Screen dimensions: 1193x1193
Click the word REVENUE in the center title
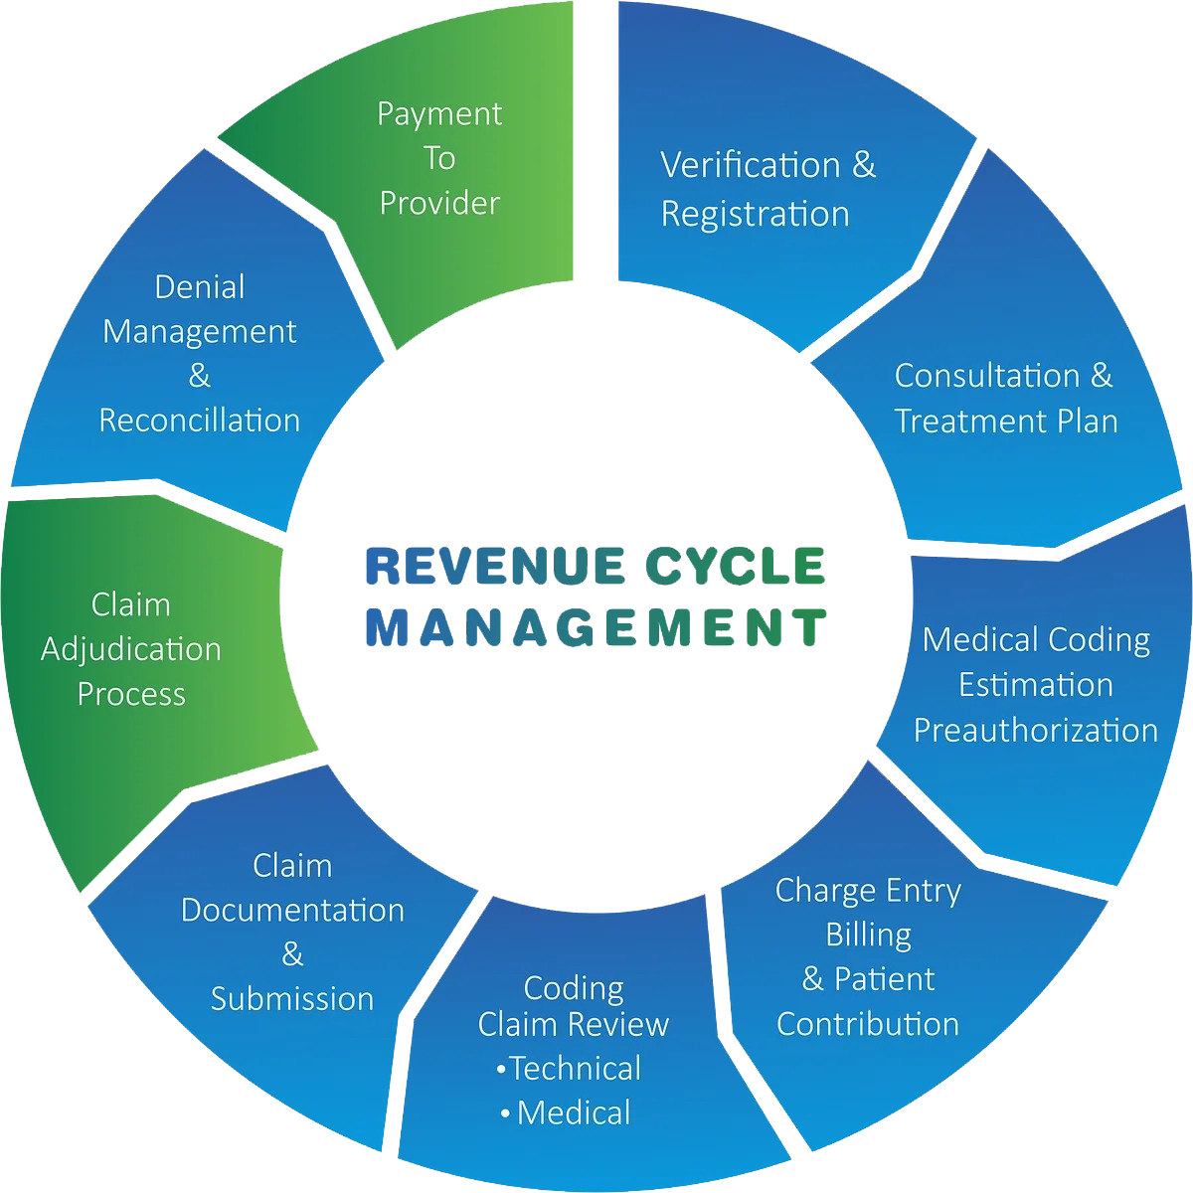494,566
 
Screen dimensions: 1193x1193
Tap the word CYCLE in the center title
736,566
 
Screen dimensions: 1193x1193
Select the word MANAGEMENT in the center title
596,627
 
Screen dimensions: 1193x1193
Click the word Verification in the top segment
751,165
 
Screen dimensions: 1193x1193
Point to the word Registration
755,214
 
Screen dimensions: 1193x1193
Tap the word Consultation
988,376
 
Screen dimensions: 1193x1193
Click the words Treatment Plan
1006,421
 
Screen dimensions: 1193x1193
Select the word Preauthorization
1036,730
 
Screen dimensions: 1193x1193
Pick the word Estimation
1036,685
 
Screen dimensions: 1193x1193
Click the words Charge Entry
868,890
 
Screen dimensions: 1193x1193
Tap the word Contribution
868,1024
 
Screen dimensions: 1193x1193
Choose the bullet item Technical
576,1069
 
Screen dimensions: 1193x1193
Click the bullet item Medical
574,1112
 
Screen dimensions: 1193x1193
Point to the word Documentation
292,910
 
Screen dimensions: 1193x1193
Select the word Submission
292,998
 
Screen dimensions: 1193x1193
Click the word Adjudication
131,649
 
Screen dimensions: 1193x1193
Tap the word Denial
200,287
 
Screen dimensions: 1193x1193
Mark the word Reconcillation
200,421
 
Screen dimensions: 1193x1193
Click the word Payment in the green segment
439,115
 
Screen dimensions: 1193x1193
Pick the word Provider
439,203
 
